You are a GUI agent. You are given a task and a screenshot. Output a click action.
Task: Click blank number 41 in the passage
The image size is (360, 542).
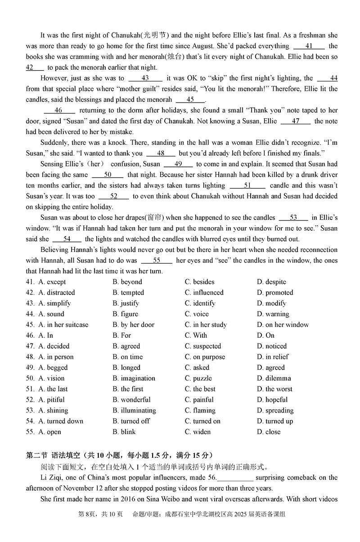[309, 46]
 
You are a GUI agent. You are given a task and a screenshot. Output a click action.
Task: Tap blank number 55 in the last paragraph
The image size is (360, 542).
[157, 260]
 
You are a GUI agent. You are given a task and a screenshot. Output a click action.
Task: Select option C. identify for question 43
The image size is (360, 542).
[200, 303]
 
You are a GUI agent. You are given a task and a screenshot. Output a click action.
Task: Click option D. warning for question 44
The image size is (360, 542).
[273, 314]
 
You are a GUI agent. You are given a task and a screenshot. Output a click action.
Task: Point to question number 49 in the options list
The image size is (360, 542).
[30, 367]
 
